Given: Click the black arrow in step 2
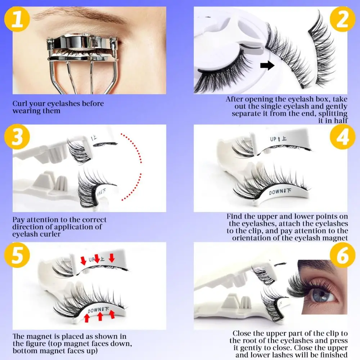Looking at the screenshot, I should pyautogui.click(x=266, y=65).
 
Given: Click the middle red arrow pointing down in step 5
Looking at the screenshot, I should pyautogui.click(x=96, y=258).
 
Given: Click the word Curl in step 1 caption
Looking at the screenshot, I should pyautogui.click(x=19, y=104).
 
